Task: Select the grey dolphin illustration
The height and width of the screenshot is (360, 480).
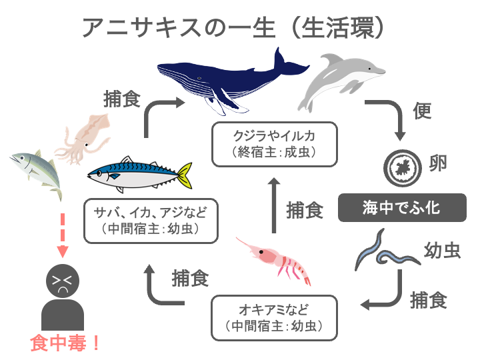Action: click(x=340, y=80)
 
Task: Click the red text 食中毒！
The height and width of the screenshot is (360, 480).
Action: click(x=65, y=343)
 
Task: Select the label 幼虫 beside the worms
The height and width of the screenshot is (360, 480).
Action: click(x=443, y=250)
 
